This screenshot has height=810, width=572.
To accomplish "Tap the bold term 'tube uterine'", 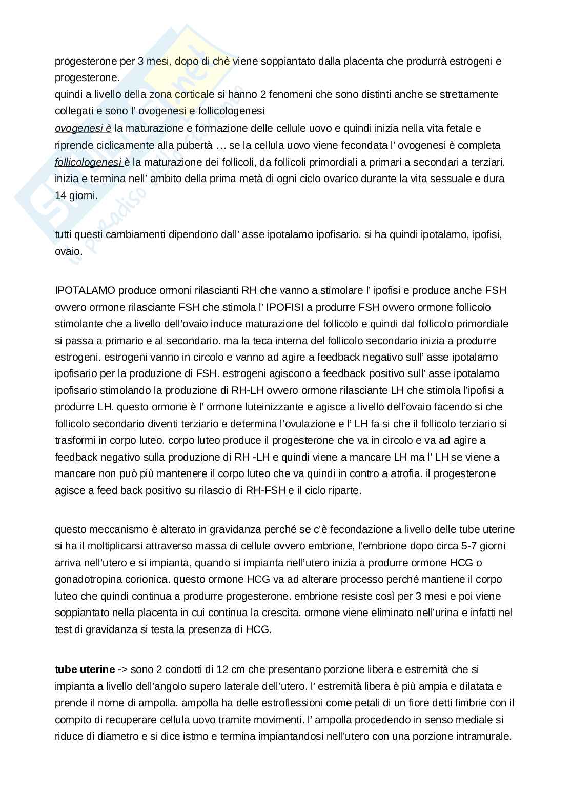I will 85,669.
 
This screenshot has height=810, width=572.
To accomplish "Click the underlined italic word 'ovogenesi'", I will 79,128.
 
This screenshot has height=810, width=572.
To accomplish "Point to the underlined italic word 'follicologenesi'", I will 87,162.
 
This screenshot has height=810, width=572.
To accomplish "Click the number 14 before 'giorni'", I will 60,195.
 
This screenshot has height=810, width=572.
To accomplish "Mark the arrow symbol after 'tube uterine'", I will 122,669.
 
